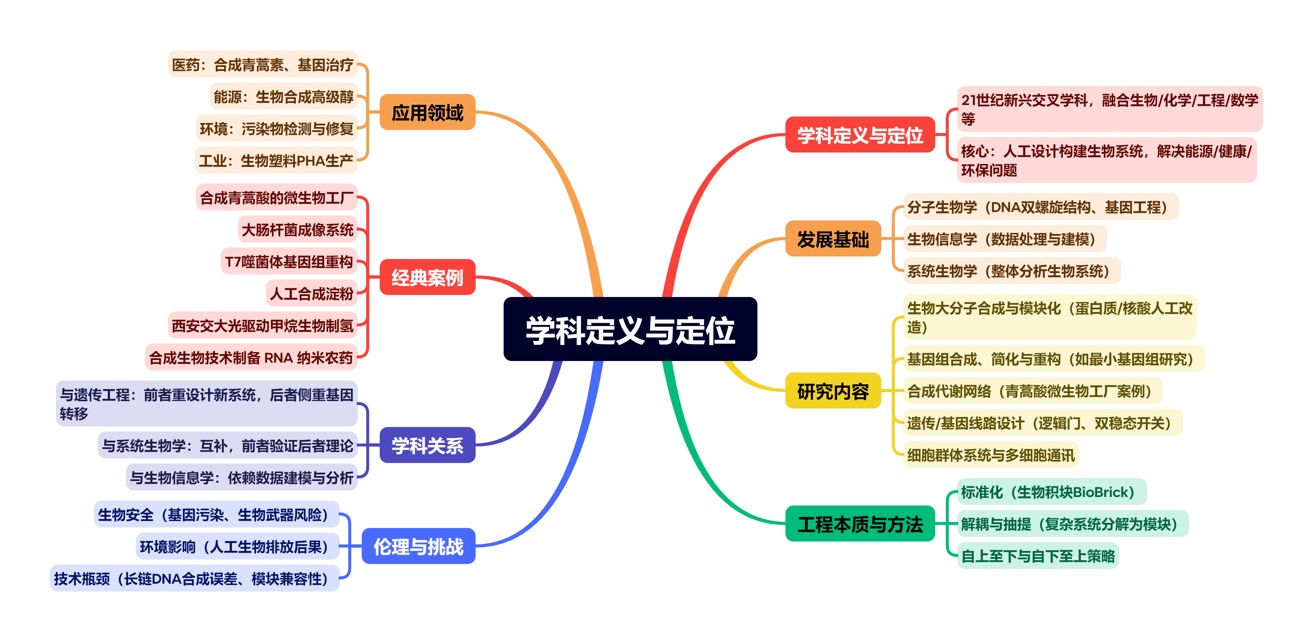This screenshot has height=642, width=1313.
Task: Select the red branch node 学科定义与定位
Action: coord(860,135)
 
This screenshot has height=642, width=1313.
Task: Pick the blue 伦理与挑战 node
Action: coord(418,546)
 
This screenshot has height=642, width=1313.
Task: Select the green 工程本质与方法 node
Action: coord(860,524)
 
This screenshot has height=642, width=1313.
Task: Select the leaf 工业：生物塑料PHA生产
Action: coord(276,161)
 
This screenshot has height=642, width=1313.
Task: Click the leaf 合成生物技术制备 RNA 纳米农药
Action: coord(251,357)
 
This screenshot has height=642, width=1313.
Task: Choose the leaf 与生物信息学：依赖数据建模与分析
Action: coord(241,477)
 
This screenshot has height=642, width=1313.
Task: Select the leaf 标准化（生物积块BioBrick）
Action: coord(1052,492)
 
